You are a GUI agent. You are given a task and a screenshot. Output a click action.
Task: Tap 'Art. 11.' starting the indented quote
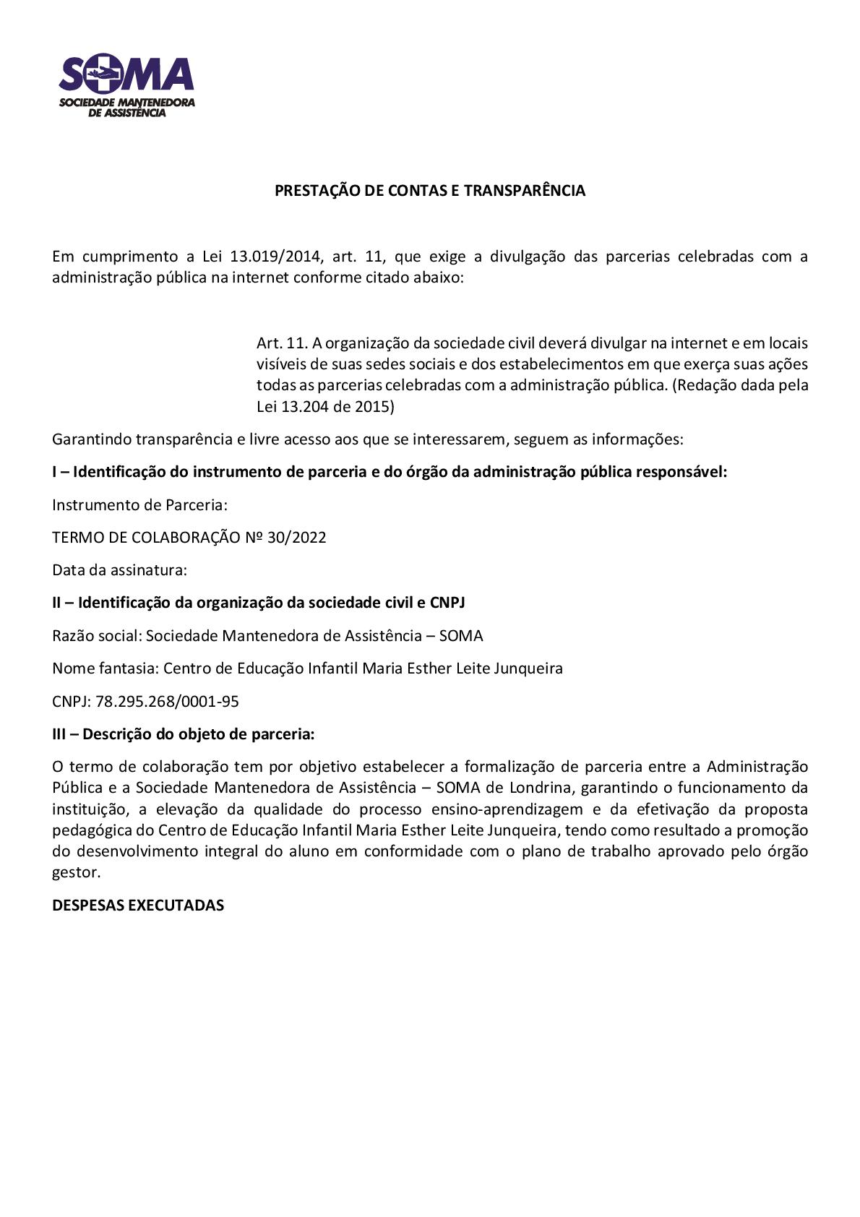point(283,343)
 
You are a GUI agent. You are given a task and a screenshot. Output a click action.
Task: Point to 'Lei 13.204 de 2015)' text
point(325,407)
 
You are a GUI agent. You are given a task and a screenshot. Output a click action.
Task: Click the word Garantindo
point(92,439)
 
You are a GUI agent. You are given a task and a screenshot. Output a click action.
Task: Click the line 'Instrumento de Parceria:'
point(139,505)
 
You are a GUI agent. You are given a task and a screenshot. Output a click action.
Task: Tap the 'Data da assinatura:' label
point(119,570)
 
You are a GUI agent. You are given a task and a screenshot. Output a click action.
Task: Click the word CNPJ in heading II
point(447,603)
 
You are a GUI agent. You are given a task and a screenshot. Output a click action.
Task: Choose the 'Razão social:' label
point(97,636)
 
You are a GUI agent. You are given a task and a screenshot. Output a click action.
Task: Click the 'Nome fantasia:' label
point(106,668)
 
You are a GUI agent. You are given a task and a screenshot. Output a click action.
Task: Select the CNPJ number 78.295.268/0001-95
point(167,702)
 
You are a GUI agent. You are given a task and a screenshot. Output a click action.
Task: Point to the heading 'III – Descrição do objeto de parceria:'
point(184,734)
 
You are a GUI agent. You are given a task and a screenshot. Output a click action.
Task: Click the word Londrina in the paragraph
point(540,788)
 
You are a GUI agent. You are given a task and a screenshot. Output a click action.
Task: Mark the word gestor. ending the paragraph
point(77,873)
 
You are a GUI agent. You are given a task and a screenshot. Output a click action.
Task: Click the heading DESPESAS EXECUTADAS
point(138,906)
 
